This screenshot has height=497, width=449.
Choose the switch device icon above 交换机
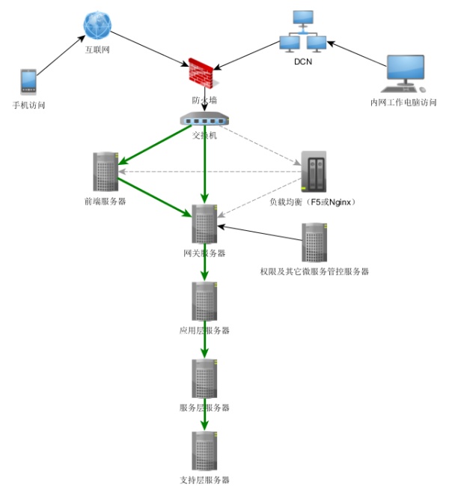click(x=204, y=120)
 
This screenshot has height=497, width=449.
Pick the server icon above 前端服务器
click(x=106, y=172)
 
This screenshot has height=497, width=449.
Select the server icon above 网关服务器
click(x=204, y=223)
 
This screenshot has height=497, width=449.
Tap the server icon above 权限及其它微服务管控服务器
click(x=314, y=242)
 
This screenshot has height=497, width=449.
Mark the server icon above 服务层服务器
click(x=204, y=379)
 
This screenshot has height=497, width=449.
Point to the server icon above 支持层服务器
click(x=204, y=451)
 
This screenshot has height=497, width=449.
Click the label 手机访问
click(x=29, y=106)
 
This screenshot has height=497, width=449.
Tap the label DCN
click(x=303, y=61)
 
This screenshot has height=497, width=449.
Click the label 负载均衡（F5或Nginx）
click(x=312, y=202)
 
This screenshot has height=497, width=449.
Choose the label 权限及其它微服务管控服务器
click(x=314, y=271)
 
